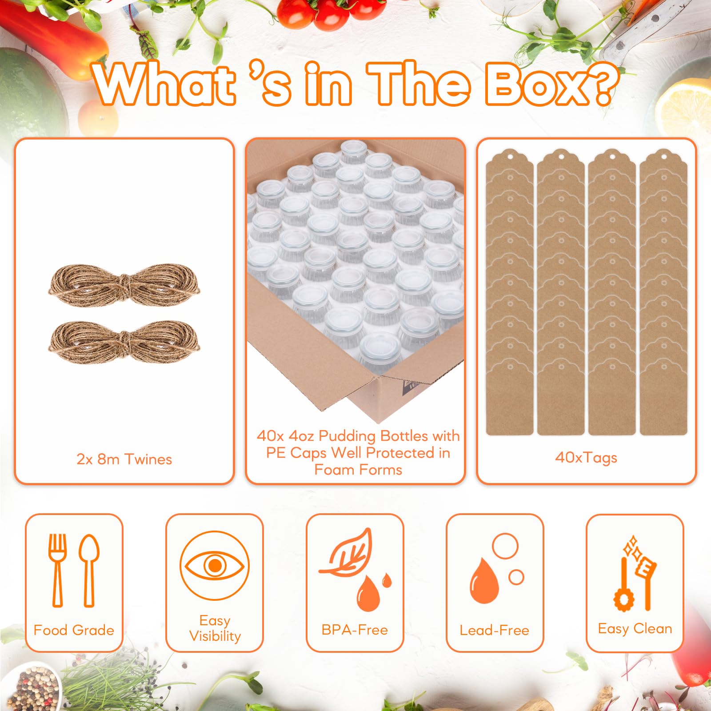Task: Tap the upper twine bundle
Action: (x=124, y=285)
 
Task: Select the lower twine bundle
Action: (x=124, y=342)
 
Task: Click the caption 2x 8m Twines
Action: (x=124, y=459)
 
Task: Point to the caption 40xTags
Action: (x=586, y=457)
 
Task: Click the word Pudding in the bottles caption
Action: (x=348, y=436)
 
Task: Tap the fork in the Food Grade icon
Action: (x=57, y=570)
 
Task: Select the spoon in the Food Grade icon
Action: (x=89, y=570)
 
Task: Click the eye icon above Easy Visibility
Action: (x=215, y=566)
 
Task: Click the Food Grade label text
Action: (x=74, y=630)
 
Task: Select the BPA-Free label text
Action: (x=355, y=630)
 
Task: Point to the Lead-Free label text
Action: (x=495, y=630)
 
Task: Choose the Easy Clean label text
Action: (x=635, y=628)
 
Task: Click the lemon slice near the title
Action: (x=684, y=111)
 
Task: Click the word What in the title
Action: (x=164, y=84)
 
